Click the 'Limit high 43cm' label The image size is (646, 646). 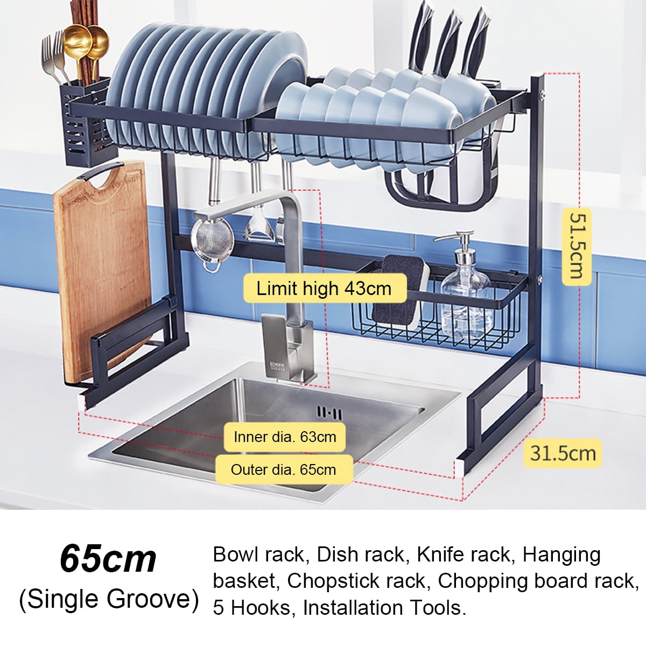coord(324,289)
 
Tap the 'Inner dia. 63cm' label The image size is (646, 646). coord(285,437)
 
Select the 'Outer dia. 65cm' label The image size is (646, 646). coord(283,469)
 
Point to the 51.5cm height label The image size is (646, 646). coord(577,246)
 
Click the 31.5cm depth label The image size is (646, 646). coord(563,453)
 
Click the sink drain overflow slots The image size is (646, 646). coord(329,413)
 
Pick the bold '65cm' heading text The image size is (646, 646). coord(108,559)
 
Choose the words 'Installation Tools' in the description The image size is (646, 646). coord(382,608)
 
